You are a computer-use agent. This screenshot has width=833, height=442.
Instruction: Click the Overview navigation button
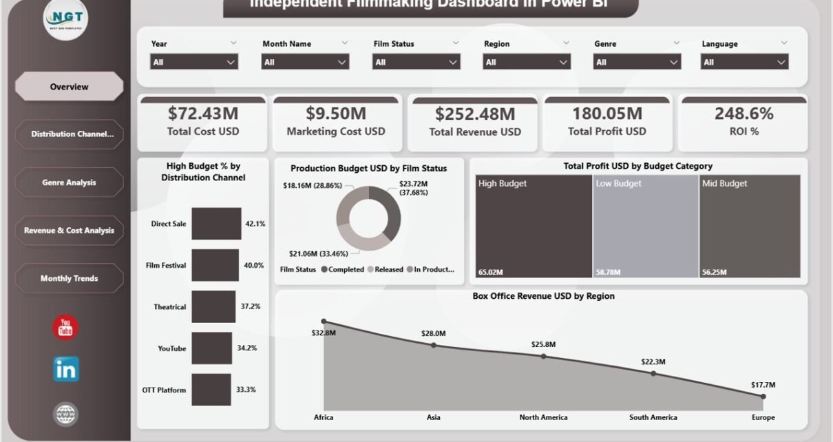click(x=69, y=87)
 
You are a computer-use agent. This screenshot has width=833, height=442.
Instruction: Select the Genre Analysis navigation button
click(x=69, y=182)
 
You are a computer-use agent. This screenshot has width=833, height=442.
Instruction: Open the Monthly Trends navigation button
click(x=69, y=278)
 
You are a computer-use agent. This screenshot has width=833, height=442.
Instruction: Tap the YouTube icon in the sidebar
click(x=66, y=328)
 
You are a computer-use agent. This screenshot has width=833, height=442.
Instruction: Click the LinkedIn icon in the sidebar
click(x=66, y=370)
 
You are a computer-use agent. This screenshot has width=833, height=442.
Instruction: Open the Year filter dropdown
click(x=194, y=62)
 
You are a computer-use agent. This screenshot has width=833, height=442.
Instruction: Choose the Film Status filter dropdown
click(x=416, y=62)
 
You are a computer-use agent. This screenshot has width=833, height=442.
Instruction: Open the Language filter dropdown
click(x=744, y=62)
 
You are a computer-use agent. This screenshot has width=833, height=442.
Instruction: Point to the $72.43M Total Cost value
click(x=202, y=113)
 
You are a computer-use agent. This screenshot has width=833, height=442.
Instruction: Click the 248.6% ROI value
click(x=744, y=113)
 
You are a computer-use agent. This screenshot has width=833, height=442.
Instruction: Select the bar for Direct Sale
click(x=216, y=224)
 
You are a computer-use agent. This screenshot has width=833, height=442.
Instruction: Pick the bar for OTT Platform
click(x=211, y=390)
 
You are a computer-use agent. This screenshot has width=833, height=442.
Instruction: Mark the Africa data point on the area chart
click(x=324, y=322)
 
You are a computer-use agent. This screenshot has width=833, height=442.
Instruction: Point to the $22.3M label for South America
click(x=653, y=361)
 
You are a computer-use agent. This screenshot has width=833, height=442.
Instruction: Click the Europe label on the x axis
click(x=763, y=417)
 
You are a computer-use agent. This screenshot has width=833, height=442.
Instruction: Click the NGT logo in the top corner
click(x=66, y=19)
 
